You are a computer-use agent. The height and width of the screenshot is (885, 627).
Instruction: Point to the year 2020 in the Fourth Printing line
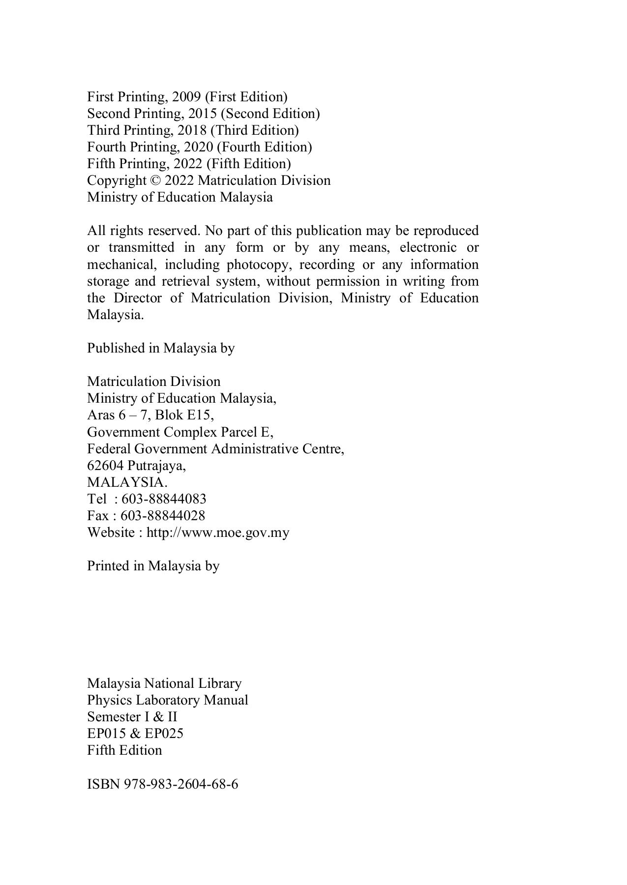[199, 147]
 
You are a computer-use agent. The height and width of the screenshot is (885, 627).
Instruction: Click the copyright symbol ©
[155, 180]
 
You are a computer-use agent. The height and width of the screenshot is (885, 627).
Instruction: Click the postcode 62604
[105, 466]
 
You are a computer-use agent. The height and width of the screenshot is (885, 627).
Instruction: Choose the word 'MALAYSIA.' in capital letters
[127, 482]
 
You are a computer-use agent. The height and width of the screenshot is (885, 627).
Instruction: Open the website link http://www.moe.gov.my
[218, 532]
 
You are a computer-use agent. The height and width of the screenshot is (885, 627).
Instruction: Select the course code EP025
[164, 734]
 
